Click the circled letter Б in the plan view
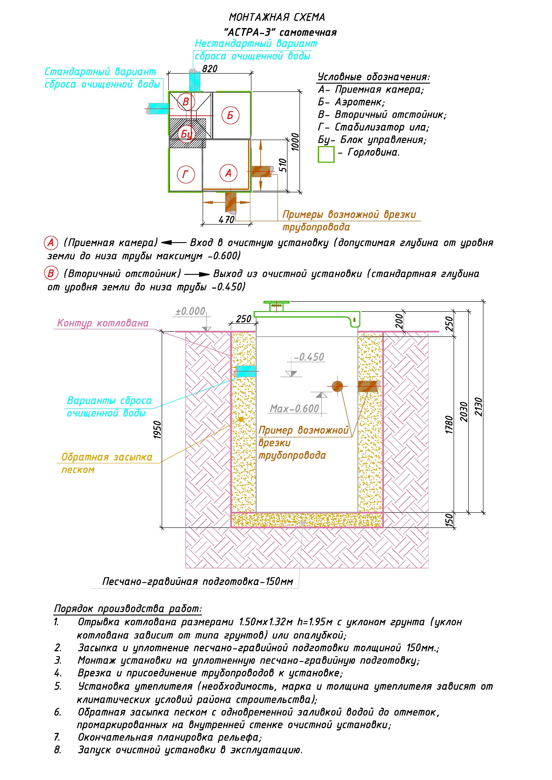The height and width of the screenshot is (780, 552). coord(230,115)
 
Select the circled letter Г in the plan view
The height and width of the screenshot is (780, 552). coord(186,175)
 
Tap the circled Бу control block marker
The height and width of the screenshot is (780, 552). coord(186,133)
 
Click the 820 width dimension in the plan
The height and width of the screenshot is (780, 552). coord(210,69)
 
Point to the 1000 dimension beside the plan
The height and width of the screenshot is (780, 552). coord(295,142)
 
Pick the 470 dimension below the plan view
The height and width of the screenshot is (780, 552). coord(226,219)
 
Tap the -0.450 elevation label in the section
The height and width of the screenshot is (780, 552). coord(309,357)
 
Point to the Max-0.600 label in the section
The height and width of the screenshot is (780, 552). coord(295,408)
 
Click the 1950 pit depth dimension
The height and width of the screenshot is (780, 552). coord(157,430)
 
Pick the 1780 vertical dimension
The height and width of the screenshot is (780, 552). coord(449,425)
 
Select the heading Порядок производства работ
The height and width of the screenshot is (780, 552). coord(128,608)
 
